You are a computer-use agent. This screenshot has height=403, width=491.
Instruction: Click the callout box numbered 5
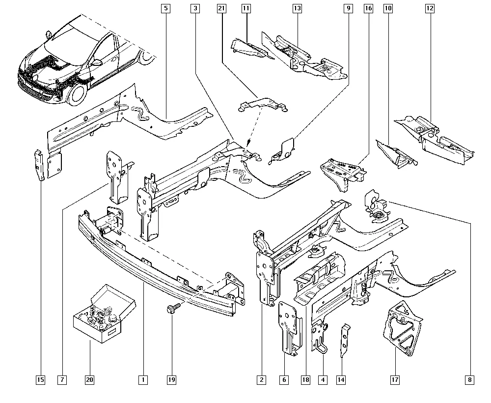point(165,8)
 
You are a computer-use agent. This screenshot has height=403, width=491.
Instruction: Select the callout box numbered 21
point(221,8)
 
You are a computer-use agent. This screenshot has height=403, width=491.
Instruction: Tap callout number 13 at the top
point(297,8)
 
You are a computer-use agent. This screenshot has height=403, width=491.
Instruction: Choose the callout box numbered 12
point(430,8)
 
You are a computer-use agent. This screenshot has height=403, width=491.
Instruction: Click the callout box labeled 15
point(40,379)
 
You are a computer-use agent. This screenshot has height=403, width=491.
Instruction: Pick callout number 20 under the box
point(89,379)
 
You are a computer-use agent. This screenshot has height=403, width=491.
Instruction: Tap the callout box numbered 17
point(395,379)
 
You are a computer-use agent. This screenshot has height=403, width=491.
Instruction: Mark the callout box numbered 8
point(470,379)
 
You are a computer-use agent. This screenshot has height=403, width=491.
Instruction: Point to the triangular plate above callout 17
point(404,327)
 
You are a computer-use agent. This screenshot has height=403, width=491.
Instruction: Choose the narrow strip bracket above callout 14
point(346,339)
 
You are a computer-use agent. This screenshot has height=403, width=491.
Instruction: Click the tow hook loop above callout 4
point(324,348)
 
